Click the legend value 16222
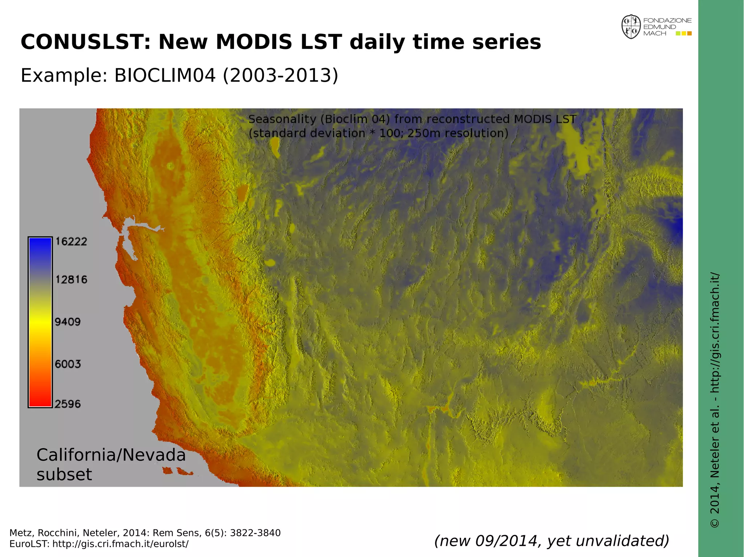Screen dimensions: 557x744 click(x=71, y=242)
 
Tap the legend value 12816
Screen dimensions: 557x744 click(x=71, y=280)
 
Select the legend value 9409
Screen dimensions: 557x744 click(x=68, y=322)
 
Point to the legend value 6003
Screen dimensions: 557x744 click(x=68, y=364)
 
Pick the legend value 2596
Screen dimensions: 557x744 click(x=68, y=404)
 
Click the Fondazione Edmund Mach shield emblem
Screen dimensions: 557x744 click(x=631, y=26)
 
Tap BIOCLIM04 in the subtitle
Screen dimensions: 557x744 click(x=165, y=75)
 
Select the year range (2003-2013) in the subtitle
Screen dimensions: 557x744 click(x=280, y=75)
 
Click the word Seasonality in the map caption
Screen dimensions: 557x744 click(x=282, y=119)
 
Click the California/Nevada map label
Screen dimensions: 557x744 click(x=111, y=455)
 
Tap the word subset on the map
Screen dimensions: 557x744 click(x=64, y=475)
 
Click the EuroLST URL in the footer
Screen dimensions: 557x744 click(x=120, y=544)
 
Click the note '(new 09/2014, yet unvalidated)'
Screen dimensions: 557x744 click(x=551, y=541)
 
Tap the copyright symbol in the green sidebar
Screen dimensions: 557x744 click(x=715, y=523)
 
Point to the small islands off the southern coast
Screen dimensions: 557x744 click(x=178, y=471)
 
